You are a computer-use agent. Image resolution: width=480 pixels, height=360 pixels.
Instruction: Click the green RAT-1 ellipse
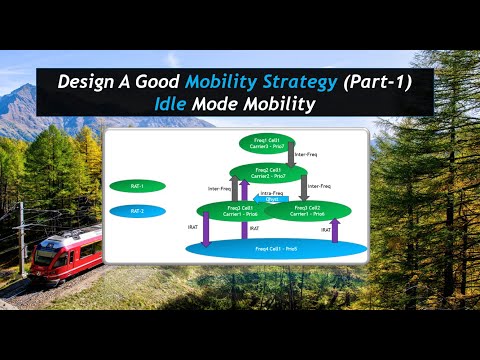click(x=137, y=186)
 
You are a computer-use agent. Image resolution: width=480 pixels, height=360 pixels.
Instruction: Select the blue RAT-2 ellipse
click(x=137, y=211)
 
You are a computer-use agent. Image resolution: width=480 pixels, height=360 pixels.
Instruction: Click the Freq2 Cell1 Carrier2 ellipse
click(x=268, y=173)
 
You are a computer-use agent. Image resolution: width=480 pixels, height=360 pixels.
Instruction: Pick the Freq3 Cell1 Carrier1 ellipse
click(x=230, y=210)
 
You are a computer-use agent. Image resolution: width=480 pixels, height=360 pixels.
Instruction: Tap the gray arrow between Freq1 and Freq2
click(x=290, y=155)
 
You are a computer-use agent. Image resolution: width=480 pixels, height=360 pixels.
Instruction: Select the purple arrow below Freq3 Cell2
click(x=334, y=229)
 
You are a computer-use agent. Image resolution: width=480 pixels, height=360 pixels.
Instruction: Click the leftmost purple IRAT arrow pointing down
click(x=206, y=229)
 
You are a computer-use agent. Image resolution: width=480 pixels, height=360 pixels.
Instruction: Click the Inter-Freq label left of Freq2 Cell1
click(x=219, y=187)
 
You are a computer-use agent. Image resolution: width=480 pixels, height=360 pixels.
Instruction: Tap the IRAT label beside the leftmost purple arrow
click(x=191, y=229)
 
